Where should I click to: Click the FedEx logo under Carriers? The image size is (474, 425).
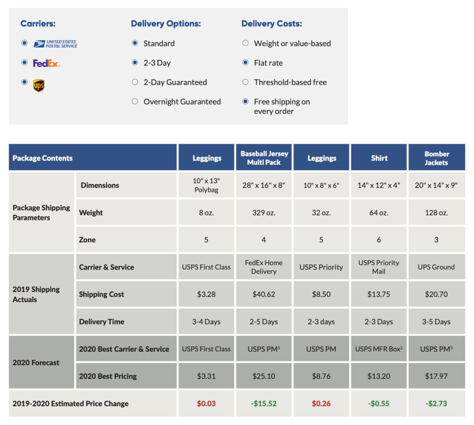46,63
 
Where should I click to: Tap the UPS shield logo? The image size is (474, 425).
39,86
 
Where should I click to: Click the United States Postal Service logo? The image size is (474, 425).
55,44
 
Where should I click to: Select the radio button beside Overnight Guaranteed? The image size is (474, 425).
135,102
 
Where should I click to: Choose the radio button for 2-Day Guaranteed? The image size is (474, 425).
135,82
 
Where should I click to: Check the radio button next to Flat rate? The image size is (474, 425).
245,63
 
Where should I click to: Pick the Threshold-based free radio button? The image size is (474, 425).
245,82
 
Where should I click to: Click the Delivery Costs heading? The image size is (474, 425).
272,24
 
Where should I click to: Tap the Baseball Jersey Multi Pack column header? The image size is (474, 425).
264,158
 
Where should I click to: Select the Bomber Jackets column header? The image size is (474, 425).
437,158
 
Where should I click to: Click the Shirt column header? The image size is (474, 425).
379,158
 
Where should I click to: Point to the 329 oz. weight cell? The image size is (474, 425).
264,213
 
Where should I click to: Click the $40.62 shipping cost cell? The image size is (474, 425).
264,294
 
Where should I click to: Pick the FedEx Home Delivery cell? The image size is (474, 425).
264,267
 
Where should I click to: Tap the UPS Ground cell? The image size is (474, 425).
437,267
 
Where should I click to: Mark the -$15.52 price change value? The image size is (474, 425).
264,404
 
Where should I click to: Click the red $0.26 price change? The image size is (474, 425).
321,404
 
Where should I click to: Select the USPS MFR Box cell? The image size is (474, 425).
379,349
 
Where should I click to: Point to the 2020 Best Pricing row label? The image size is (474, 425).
108,376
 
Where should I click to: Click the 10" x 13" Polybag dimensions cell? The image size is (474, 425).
206,185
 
